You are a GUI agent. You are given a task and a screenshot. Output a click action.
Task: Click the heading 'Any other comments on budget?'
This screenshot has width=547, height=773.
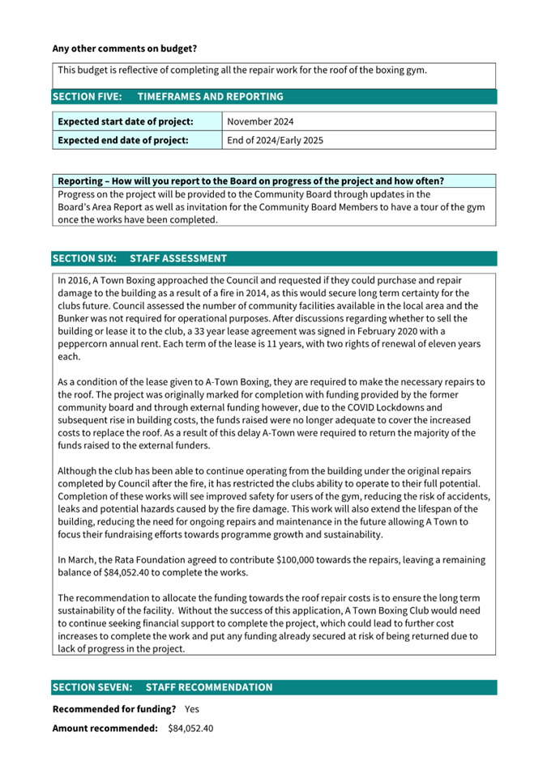124,49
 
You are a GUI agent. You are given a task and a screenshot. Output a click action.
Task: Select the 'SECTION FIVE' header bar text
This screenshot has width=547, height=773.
167,96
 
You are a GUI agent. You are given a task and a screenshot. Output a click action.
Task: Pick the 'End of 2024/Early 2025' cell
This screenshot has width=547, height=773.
275,140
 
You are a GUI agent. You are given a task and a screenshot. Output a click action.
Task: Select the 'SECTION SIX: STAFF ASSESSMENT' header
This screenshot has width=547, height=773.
139,258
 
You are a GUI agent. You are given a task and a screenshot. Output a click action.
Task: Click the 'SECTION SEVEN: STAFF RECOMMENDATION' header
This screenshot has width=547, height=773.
162,687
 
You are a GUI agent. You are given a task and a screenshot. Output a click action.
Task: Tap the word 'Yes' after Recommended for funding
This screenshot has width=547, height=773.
192,708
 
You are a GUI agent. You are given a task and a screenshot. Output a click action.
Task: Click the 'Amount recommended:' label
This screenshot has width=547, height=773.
105,728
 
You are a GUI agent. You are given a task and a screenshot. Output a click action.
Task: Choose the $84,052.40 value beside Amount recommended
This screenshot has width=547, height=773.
190,728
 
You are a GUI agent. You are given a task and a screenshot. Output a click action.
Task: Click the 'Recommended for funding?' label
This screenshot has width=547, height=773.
114,708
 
